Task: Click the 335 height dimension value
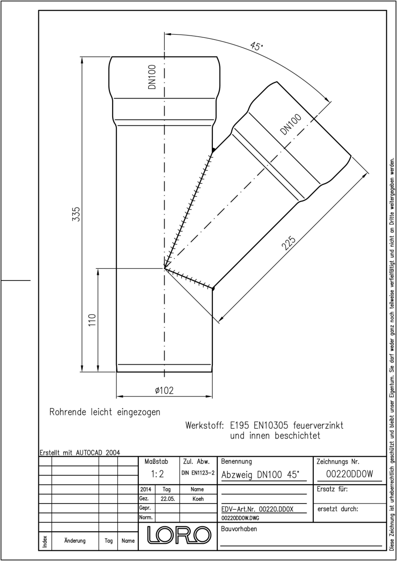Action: coord(76,214)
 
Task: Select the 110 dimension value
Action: coord(92,320)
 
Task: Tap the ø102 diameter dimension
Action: coord(164,390)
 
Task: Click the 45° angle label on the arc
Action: coord(257,47)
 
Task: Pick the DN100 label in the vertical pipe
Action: coord(152,77)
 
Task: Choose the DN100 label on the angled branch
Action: coord(290,124)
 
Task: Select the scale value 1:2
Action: coord(157,474)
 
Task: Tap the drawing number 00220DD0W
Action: coord(350,474)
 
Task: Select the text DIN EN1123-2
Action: coord(198,473)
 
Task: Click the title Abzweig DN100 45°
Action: coord(260,475)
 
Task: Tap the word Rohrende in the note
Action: coord(68,412)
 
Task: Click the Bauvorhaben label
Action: coord(239,529)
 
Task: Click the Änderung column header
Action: coord(75,540)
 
